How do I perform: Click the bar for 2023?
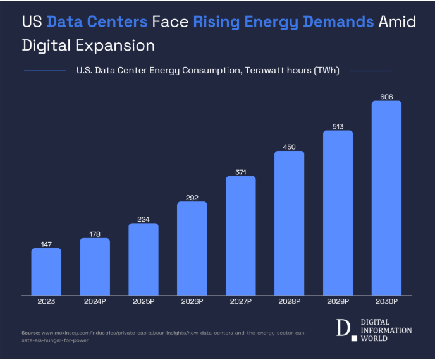(x=46, y=272)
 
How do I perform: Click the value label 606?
(x=386, y=96)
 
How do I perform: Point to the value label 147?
(x=46, y=243)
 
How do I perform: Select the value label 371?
(x=241, y=171)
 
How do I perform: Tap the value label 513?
(x=338, y=126)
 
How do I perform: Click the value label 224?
(x=144, y=219)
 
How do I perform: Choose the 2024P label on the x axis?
(x=95, y=302)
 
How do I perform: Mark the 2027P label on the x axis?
(x=241, y=302)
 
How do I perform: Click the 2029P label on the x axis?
(x=338, y=302)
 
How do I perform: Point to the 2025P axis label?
(x=144, y=302)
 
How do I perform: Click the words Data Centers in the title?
(x=97, y=22)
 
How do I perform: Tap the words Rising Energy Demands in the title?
(x=283, y=22)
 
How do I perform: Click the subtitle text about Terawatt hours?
(x=207, y=71)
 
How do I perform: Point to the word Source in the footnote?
(x=30, y=332)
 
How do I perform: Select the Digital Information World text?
(x=385, y=330)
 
